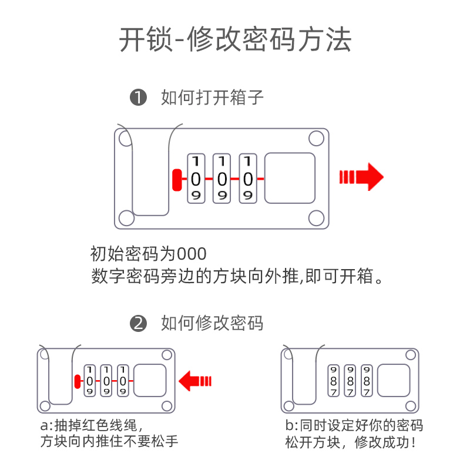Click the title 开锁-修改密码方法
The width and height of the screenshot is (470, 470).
[235, 40]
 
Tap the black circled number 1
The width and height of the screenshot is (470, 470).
[138, 98]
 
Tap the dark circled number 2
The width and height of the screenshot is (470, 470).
[138, 323]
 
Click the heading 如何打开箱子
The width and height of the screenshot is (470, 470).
[212, 98]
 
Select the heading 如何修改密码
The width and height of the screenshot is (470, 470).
[212, 323]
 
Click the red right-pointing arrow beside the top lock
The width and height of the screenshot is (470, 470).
[361, 177]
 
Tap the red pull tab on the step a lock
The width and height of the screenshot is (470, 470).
[77, 382]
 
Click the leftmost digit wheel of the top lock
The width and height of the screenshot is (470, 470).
[196, 179]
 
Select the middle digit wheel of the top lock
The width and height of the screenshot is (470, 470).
[221, 179]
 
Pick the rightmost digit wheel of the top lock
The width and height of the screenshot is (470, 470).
[248, 179]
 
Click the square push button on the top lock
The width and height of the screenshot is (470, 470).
[291, 179]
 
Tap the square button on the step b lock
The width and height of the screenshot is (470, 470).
[394, 380]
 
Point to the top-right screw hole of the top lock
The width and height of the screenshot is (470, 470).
[315, 139]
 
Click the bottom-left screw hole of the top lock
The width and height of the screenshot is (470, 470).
[126, 218]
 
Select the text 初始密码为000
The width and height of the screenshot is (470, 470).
[149, 254]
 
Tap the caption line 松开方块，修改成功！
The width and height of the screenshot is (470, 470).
[351, 442]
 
